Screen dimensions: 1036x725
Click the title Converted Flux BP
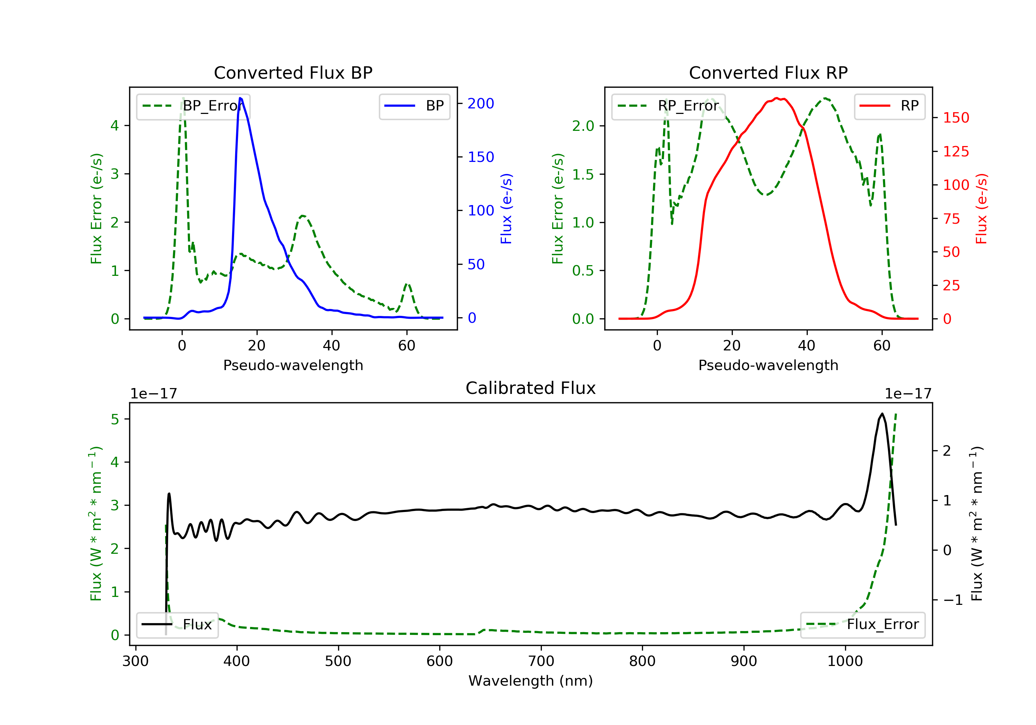(293, 72)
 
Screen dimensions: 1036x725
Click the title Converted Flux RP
(768, 72)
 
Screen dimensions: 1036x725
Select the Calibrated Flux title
(531, 388)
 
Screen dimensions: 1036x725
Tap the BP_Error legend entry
(193, 106)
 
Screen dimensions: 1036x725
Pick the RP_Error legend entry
(668, 106)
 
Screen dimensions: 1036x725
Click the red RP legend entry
(889, 106)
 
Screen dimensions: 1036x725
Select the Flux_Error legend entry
(862, 625)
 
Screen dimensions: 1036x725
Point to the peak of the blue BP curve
(240, 98)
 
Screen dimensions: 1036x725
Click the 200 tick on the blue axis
(481, 104)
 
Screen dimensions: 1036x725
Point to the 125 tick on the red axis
(956, 152)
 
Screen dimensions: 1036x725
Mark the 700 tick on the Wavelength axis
(541, 661)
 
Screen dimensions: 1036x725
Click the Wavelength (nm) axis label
(531, 681)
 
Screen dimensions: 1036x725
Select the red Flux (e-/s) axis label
(981, 209)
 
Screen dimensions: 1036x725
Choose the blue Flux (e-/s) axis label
(506, 209)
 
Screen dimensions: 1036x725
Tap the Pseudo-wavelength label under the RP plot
(768, 365)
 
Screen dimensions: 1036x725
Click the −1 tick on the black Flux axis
(952, 600)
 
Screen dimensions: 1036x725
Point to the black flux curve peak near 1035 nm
(882, 414)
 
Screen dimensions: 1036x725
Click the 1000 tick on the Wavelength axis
(845, 661)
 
